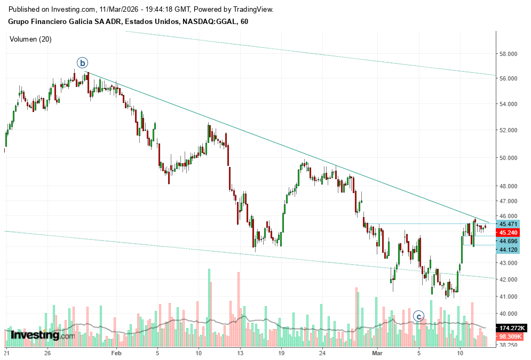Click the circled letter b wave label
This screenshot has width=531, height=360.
[x=82, y=63]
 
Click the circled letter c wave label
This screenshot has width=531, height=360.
[x=419, y=316]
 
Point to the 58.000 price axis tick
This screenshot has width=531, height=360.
[x=510, y=54]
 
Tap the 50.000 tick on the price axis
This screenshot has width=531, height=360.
[x=510, y=158]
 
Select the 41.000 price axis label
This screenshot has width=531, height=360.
[x=510, y=297]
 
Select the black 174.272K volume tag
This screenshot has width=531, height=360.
[x=512, y=327]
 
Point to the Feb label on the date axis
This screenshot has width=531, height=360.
[x=116, y=353]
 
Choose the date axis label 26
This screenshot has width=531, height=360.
[x=47, y=353]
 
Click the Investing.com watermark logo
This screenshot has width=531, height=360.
[x=43, y=335]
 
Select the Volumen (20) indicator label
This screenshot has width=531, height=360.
[x=30, y=39]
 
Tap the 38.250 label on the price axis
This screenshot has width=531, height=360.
[x=510, y=345]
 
